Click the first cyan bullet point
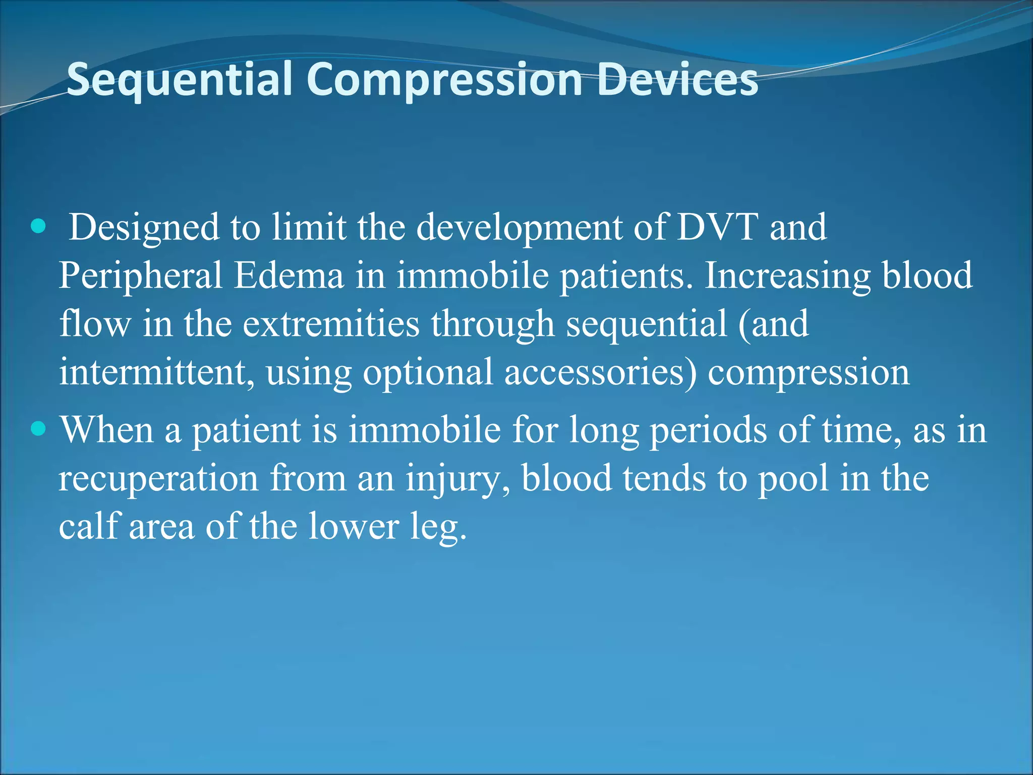[x=38, y=227]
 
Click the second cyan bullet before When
[x=38, y=429]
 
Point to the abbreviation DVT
[x=717, y=227]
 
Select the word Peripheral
[x=140, y=276]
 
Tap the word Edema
[x=289, y=275]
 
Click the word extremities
[x=331, y=324]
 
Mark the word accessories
[x=600, y=372]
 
